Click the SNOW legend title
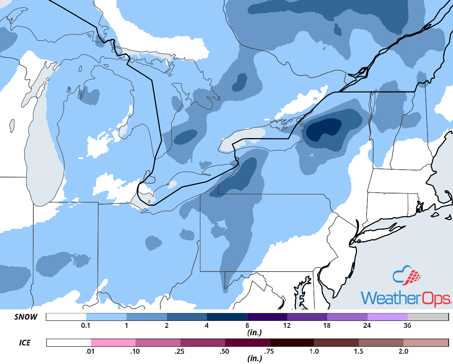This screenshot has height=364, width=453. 26,317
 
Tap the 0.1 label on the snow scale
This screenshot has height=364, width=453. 86,326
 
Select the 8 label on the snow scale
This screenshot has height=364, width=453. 247,326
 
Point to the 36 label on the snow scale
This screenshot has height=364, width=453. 408,326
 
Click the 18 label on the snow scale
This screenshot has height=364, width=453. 327,326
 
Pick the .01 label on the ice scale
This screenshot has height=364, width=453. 91,351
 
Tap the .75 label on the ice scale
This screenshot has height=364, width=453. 269,351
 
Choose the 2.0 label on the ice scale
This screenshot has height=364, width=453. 403,351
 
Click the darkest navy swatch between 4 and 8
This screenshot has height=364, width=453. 227,317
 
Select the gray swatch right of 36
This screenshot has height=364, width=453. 428,317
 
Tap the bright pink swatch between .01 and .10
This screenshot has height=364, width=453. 113,342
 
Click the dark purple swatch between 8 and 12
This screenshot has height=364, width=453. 267,317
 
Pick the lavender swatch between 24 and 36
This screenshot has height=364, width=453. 388,317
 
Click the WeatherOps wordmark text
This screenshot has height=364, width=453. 405,297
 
